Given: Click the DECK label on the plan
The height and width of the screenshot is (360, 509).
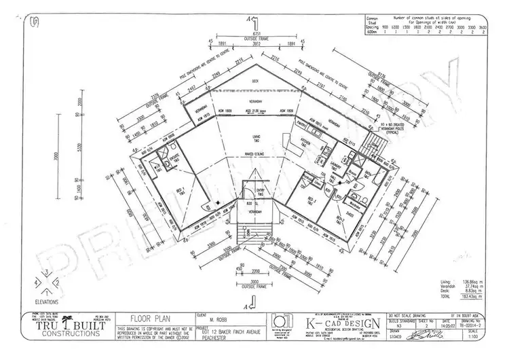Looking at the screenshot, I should (x=255, y=81).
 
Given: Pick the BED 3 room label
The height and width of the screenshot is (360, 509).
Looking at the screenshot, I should (x=312, y=202).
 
